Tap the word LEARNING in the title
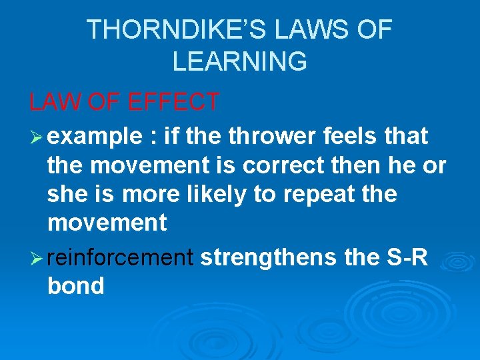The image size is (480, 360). point(240,61)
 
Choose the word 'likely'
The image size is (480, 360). point(241,195)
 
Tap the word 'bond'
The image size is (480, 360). point(75,286)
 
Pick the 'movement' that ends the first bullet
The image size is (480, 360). point(107,224)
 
